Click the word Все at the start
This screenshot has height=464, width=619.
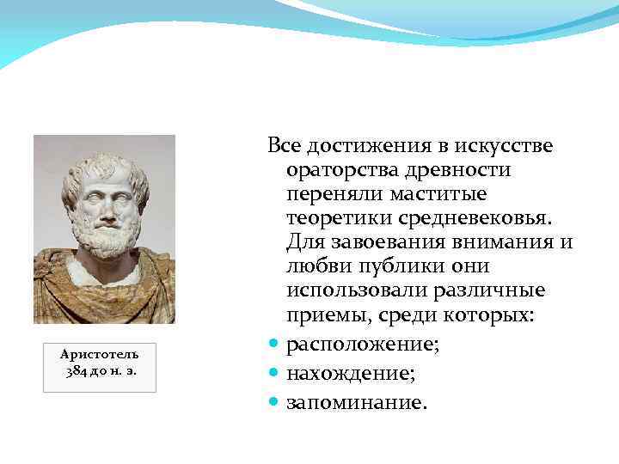click(284, 147)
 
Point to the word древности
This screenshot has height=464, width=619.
click(457, 170)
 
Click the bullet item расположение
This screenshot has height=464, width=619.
click(356, 345)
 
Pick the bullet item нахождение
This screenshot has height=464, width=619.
click(350, 374)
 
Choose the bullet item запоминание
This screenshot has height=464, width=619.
click(355, 402)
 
